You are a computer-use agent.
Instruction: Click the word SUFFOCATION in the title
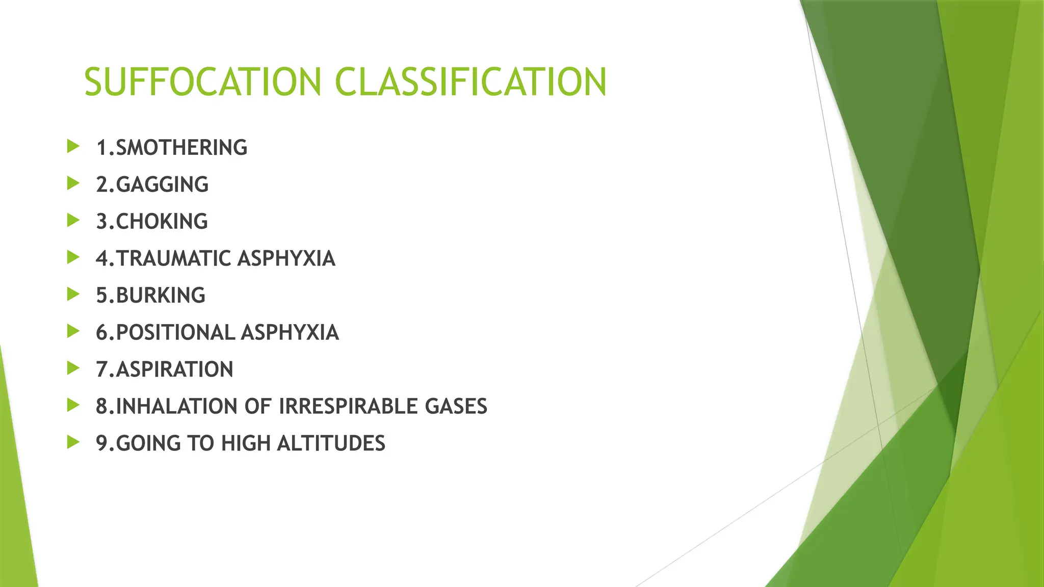point(202,82)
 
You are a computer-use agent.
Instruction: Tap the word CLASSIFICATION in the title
point(471,82)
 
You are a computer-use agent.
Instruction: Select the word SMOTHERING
point(181,148)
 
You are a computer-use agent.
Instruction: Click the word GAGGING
point(162,184)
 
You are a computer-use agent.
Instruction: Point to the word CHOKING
point(162,222)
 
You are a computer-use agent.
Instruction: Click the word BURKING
point(161,296)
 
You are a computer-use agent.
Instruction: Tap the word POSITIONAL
point(175,332)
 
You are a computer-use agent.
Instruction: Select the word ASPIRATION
point(174,369)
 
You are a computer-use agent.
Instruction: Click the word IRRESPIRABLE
point(348,406)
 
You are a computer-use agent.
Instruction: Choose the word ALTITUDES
point(331,443)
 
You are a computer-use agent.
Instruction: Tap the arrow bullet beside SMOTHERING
point(73,147)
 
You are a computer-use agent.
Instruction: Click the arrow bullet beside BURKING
point(73,295)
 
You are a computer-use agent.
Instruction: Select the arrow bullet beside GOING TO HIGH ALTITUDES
point(73,442)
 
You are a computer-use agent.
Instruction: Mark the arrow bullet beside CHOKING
point(73,221)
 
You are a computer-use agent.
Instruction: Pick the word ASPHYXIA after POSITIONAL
point(290,332)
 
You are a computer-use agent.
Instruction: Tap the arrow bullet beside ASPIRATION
point(73,368)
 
